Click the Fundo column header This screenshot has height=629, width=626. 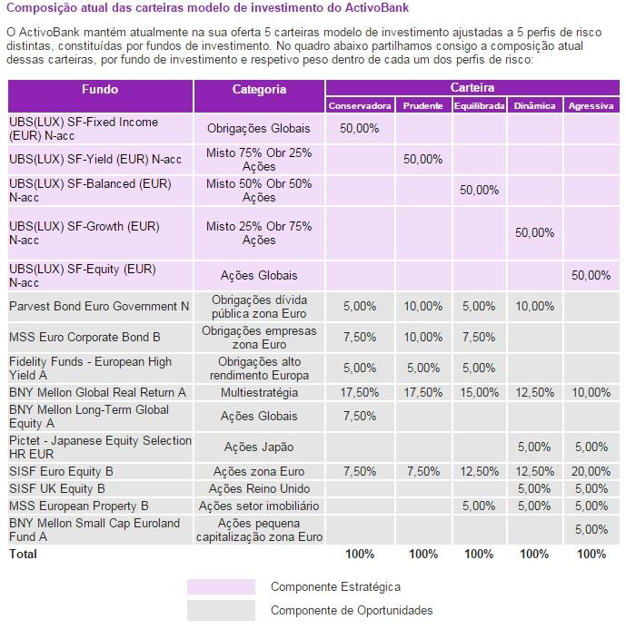100,90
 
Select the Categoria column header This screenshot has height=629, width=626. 259,90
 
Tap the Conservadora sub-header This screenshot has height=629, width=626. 360,105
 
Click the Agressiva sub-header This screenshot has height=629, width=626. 591,105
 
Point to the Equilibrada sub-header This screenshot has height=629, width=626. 479,105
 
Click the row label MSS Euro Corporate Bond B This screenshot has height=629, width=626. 84,337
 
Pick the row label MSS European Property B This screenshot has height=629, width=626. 79,506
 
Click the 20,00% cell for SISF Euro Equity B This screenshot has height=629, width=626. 591,471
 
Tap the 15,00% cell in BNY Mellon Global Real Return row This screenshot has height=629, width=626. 480,392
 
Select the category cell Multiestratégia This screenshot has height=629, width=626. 259,392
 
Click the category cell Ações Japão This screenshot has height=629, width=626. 259,447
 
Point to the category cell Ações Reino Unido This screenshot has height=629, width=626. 259,488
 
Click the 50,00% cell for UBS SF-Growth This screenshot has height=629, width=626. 534,232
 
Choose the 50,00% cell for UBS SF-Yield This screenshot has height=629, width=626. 422,159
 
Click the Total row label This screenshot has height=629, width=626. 23,553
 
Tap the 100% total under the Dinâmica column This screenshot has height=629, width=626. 534,553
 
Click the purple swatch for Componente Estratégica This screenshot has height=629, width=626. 221,587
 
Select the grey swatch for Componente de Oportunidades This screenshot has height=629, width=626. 221,610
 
